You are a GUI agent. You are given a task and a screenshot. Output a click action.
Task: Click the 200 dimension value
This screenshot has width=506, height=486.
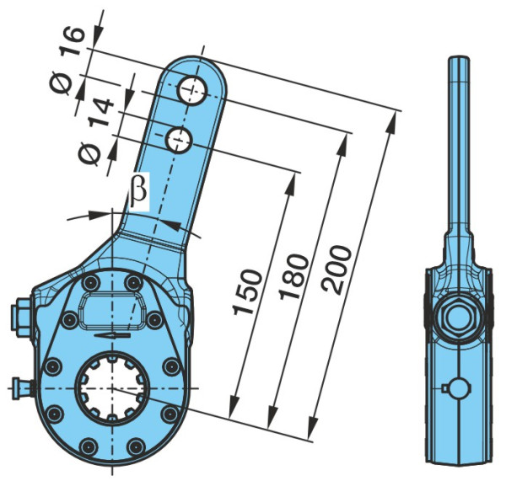336,270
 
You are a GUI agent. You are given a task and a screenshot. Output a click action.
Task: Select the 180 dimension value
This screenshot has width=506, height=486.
293,277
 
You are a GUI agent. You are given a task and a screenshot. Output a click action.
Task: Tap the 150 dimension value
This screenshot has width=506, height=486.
247,292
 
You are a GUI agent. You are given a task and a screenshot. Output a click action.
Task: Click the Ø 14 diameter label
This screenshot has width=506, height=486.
96,131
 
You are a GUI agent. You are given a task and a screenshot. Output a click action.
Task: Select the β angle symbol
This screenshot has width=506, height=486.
138,191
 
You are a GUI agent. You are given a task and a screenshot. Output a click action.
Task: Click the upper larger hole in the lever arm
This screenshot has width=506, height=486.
192,91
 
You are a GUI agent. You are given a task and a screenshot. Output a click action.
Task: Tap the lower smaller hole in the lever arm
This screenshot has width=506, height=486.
179,140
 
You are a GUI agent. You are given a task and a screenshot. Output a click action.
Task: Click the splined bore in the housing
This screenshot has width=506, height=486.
112,389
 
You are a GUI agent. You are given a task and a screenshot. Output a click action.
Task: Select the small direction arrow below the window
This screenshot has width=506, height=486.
113,335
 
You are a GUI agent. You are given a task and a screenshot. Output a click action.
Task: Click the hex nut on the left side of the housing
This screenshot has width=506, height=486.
21,318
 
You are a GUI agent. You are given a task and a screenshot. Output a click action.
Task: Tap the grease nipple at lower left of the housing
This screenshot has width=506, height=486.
22,388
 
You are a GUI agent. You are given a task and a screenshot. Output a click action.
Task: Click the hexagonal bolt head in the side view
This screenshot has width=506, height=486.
459,317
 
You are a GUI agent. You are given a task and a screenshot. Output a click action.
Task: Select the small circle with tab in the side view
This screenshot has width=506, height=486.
456,388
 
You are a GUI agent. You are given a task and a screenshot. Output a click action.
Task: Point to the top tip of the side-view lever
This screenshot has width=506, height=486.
459,56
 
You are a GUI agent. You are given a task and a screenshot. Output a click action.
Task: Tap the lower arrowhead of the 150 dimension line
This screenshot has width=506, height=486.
233,408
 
